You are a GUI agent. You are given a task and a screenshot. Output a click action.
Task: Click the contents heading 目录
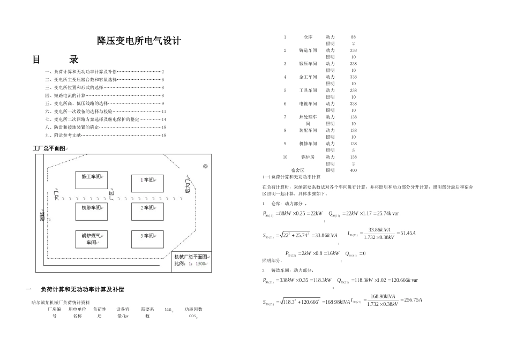tap(56, 59)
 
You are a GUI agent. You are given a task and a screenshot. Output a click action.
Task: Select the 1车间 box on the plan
tap(147, 181)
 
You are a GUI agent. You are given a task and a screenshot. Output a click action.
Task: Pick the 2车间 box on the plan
tap(147, 207)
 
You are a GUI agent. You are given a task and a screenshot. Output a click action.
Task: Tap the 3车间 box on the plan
tap(147, 236)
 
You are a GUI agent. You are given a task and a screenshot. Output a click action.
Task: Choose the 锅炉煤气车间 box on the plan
tap(92, 239)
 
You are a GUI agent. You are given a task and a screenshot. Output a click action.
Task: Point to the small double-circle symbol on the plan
tap(205, 167)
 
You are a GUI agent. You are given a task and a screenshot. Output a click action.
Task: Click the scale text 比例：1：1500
tap(190, 264)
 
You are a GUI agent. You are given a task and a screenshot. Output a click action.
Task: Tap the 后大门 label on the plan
tap(188, 183)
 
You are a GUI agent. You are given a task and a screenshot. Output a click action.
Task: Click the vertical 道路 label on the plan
tap(42, 216)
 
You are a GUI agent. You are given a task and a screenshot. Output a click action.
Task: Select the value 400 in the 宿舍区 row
tap(353, 170)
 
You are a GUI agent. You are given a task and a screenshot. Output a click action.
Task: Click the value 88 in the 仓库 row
tap(353, 37)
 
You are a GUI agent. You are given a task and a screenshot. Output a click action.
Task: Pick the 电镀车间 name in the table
tap(308, 103)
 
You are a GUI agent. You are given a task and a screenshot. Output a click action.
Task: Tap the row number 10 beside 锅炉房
tap(285, 157)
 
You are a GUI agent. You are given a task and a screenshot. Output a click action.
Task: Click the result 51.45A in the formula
tap(406, 233)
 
